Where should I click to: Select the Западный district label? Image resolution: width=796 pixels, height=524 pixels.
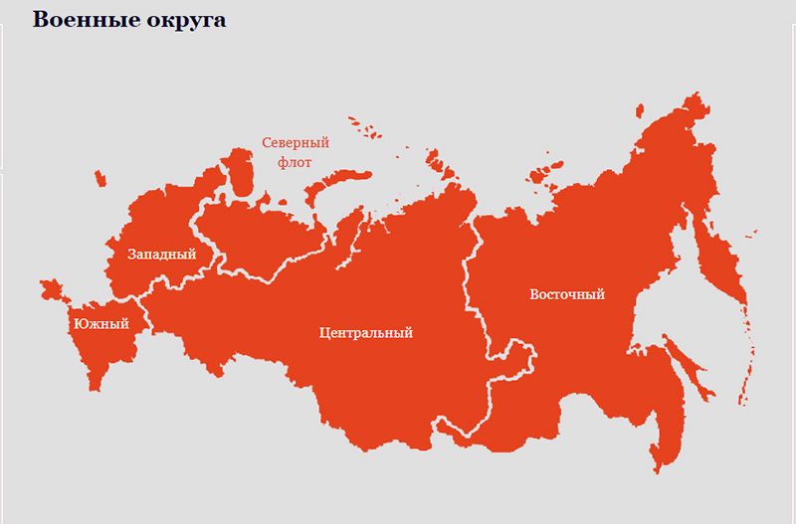click(x=161, y=255)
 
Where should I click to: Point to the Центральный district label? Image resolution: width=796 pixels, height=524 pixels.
click(x=365, y=332)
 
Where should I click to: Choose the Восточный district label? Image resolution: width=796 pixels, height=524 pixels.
click(x=567, y=294)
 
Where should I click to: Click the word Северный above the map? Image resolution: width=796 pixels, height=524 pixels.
click(x=296, y=143)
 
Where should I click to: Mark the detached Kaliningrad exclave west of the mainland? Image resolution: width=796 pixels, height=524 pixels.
click(x=99, y=178)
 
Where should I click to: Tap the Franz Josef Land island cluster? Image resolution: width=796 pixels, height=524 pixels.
click(x=365, y=127)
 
